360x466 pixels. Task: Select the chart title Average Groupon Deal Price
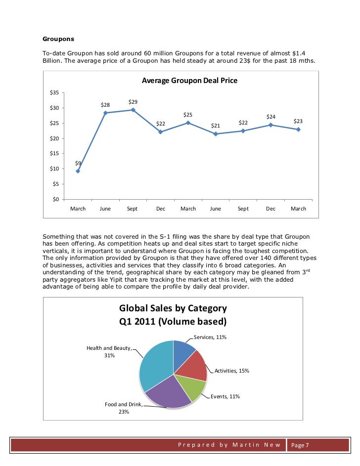[x=190, y=80]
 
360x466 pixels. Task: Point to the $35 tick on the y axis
[x=54, y=93]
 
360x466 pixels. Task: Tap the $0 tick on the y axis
[x=56, y=199]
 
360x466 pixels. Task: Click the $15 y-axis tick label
[x=54, y=154]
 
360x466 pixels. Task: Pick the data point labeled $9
[x=78, y=171]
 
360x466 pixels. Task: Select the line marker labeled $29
[x=133, y=110]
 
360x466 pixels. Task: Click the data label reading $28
[x=106, y=105]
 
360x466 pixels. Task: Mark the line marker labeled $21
[x=216, y=134]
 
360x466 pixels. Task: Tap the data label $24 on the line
[x=271, y=117]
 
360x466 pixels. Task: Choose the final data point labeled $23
[x=298, y=129]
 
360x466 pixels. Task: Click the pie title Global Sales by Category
[x=173, y=308]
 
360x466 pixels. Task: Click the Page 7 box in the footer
[x=300, y=445]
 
